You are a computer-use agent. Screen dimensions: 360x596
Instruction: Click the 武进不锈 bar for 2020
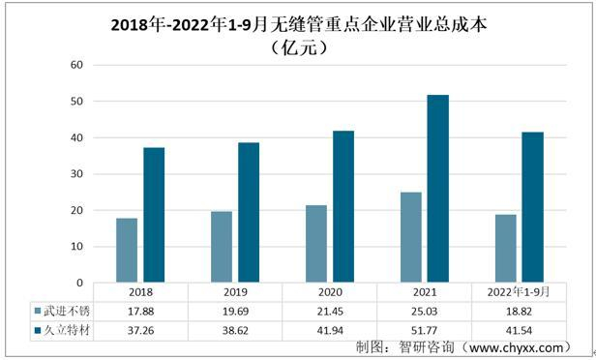[316, 244]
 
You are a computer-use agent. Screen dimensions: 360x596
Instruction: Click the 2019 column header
[236, 291]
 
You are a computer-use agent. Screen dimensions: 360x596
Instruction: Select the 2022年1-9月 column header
[520, 291]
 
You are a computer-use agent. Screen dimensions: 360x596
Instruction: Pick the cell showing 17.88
[141, 311]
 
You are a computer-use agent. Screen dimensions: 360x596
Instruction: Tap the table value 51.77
[425, 330]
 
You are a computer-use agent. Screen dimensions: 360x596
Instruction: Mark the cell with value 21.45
[330, 311]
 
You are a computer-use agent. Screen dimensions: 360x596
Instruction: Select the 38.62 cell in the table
[236, 330]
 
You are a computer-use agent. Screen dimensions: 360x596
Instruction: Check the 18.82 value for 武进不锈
[520, 311]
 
